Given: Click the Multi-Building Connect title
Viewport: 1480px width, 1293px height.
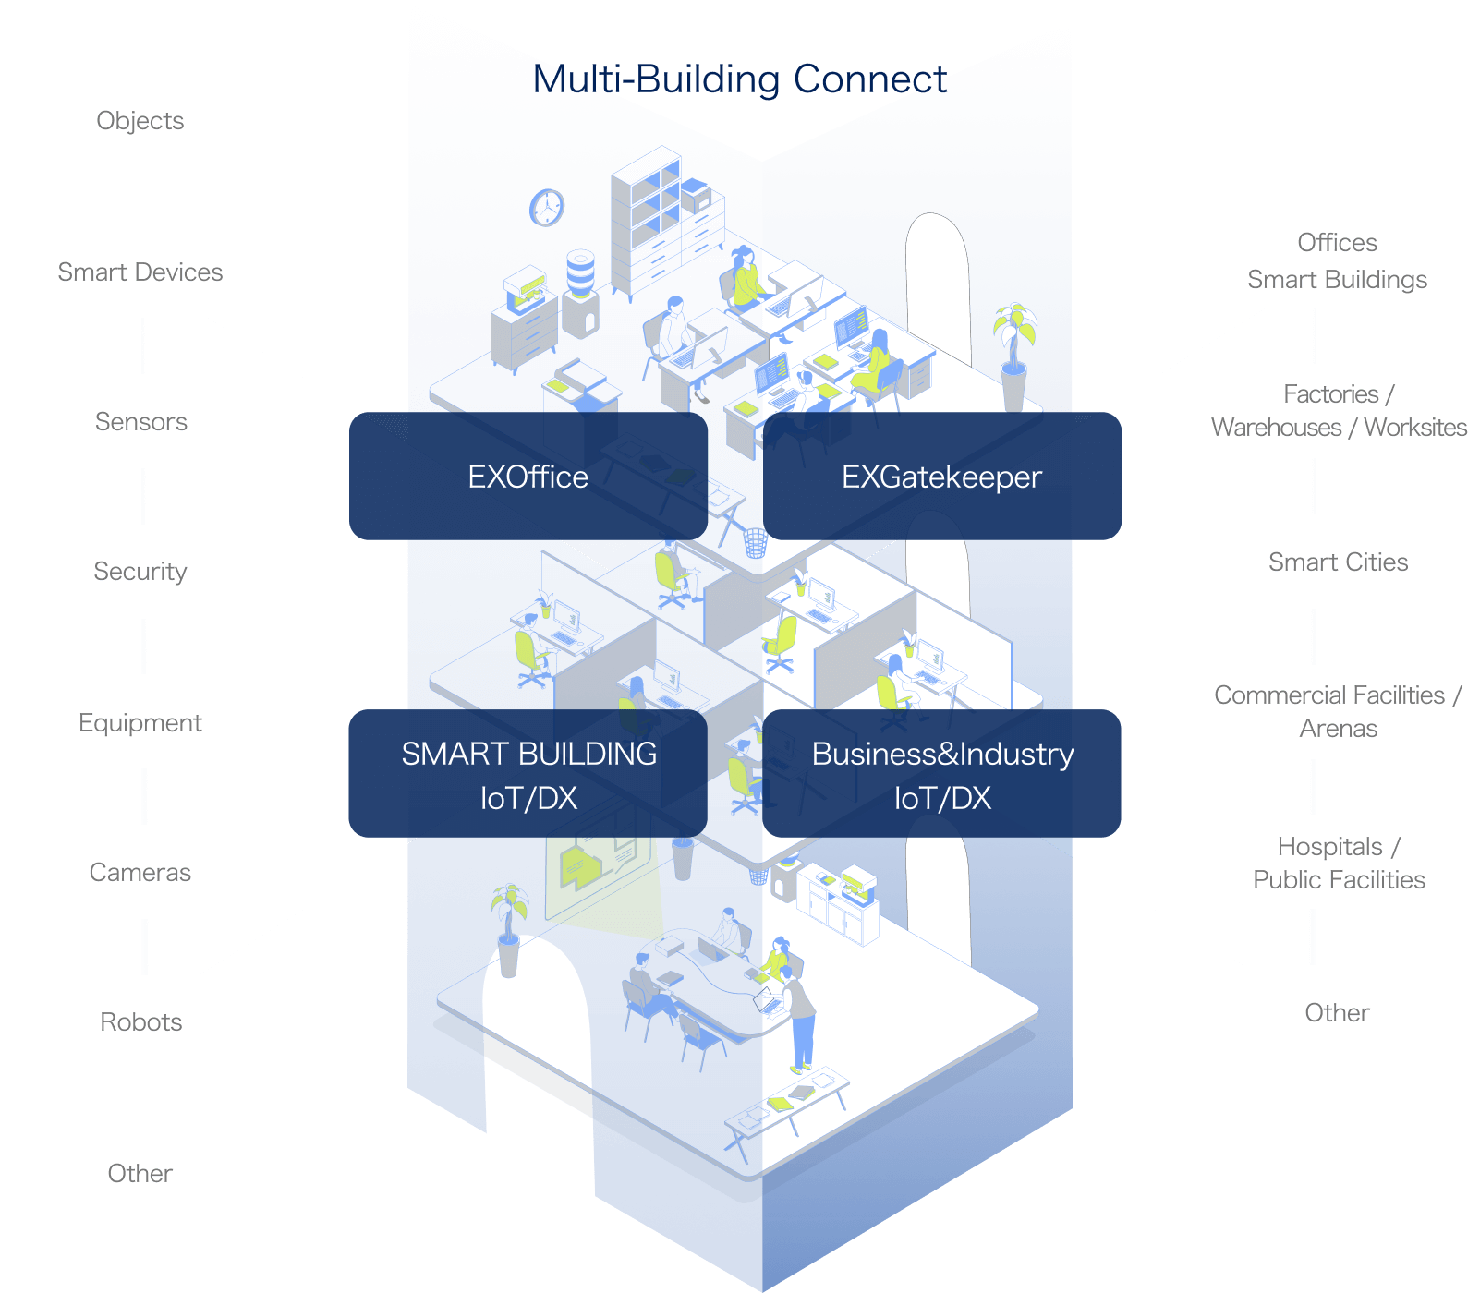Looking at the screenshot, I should point(739,79).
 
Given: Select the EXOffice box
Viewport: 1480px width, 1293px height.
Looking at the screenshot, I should point(528,477).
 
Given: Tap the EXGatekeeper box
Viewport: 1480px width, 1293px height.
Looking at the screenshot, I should point(941,477).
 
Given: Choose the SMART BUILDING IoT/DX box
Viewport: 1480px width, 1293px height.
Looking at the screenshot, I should point(528,774).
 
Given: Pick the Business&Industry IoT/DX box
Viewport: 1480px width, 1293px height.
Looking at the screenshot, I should point(941,774).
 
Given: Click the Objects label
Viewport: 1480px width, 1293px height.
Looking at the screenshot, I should point(140,121).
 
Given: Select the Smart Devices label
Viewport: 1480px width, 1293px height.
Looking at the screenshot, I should point(140,272).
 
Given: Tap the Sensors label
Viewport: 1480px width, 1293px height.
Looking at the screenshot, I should point(140,422).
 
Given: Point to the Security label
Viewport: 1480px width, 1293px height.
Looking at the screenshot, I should point(140,572).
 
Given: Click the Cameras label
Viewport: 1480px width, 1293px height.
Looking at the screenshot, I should point(140,873).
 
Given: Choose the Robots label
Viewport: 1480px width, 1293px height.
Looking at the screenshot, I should point(140,1022).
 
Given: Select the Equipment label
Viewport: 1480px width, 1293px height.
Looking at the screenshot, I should point(140,722).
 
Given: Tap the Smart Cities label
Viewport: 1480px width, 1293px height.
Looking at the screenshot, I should point(1338,562).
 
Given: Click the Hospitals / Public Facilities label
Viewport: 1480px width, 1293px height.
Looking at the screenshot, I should point(1338,863).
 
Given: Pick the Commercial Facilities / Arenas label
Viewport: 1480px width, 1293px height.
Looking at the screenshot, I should point(1338,712).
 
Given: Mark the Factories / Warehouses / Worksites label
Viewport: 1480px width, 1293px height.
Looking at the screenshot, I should point(1338,411).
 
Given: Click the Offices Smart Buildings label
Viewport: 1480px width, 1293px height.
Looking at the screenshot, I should point(1338,260).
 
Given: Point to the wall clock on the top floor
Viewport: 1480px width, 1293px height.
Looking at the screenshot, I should point(547,207).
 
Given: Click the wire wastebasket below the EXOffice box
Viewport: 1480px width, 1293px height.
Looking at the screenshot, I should point(755,543).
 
